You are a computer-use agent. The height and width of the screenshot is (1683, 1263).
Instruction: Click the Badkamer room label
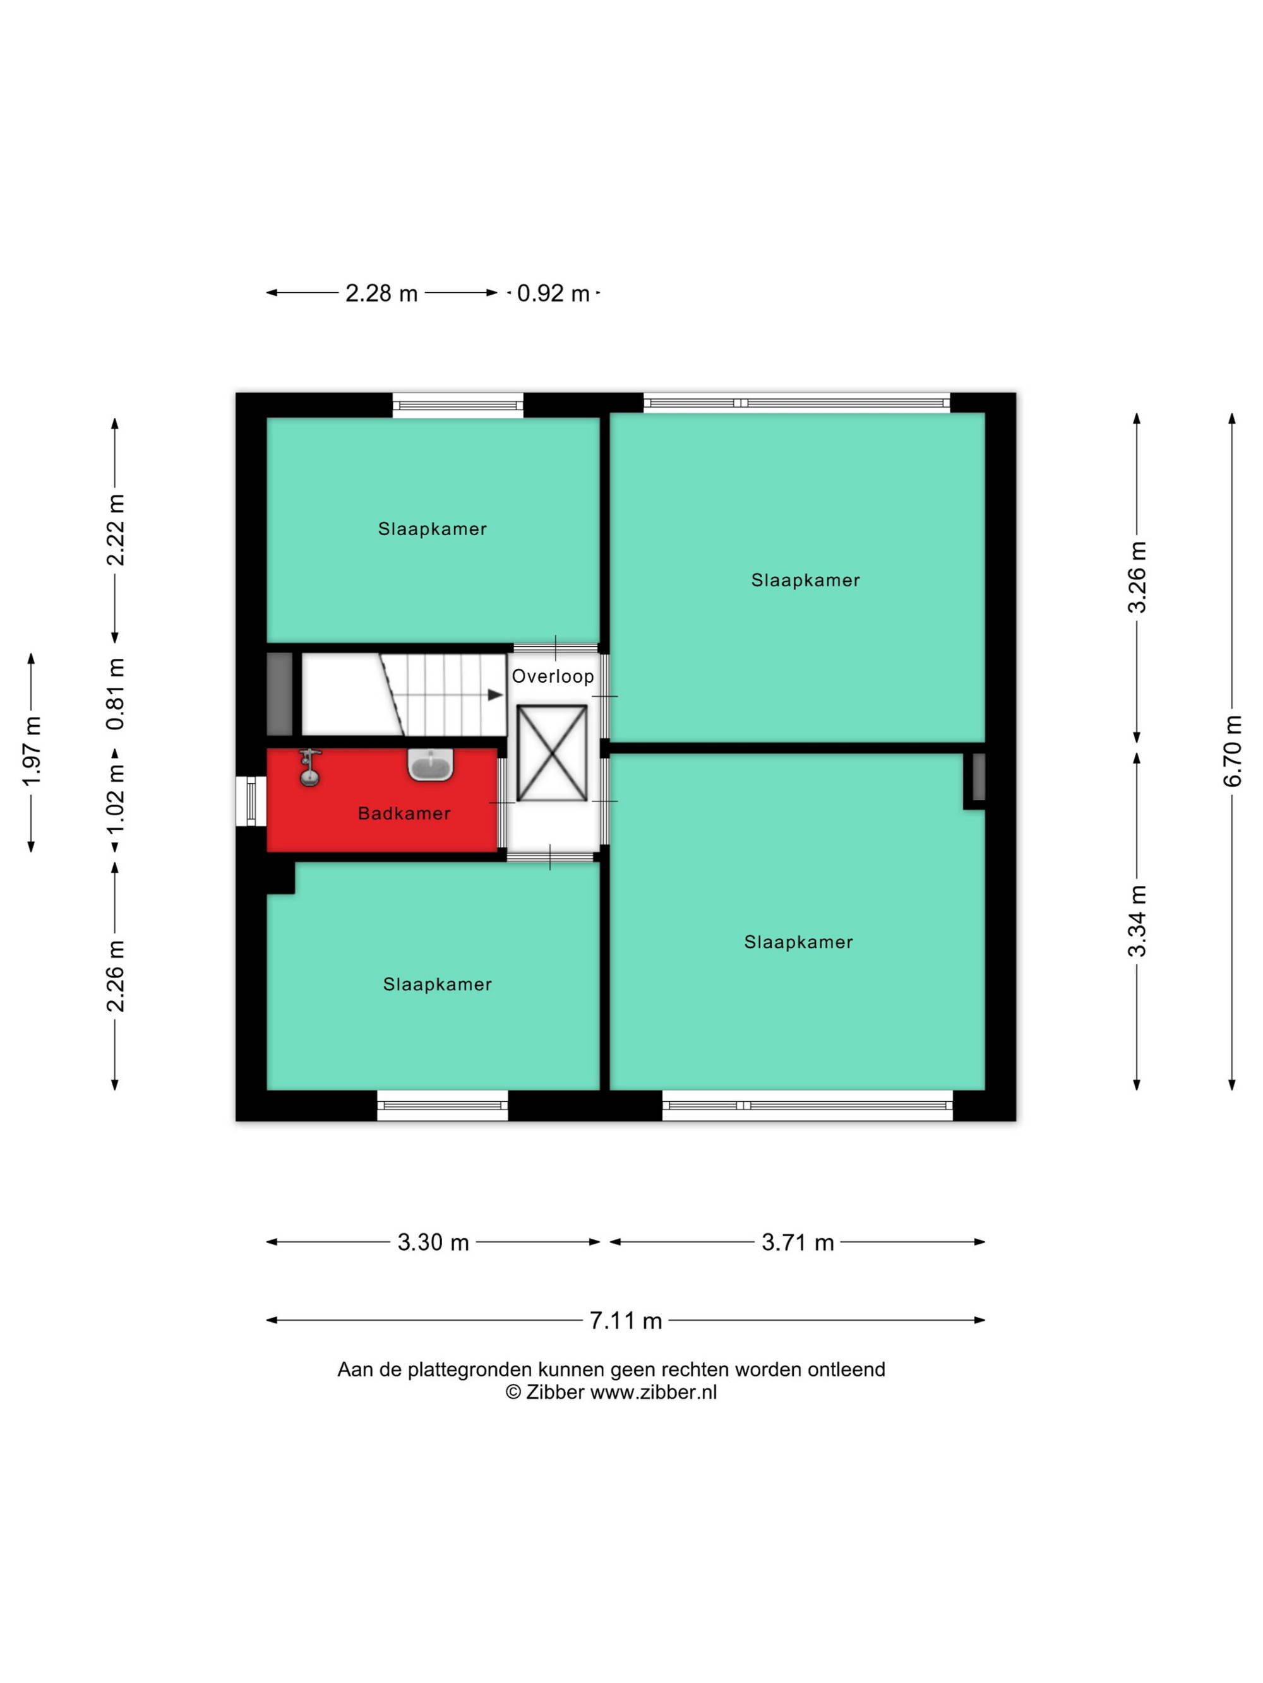pos(404,813)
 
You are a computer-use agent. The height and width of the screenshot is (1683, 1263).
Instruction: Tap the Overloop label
pos(553,676)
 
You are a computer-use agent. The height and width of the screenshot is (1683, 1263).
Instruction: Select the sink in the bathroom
pos(431,764)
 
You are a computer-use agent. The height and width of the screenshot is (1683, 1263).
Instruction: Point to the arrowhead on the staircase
pos(495,695)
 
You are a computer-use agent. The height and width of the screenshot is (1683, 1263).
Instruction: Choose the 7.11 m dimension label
pos(626,1320)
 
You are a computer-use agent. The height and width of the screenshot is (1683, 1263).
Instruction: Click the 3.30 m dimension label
pos(433,1243)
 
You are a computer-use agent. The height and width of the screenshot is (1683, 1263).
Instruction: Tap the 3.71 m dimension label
pos(798,1243)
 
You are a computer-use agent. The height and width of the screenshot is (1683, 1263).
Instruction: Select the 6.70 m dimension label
pos(1233,751)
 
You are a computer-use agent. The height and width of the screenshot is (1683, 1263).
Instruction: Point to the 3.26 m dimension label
pos(1137,577)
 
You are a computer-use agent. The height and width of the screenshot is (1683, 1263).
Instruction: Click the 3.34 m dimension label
pos(1137,921)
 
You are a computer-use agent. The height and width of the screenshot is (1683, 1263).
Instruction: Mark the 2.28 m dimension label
pos(381,293)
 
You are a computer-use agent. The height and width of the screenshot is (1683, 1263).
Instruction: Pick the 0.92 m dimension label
pos(553,293)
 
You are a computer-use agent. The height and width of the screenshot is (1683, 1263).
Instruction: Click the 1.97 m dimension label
pos(31,752)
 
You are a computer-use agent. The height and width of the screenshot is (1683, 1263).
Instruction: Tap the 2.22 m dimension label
pos(115,530)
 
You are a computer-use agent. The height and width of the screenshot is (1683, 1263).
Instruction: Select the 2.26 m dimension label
pos(115,977)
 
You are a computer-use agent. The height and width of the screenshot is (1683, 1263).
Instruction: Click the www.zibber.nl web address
pos(653,1392)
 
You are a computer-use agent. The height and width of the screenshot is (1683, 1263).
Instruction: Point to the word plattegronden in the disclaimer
pos(470,1369)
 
